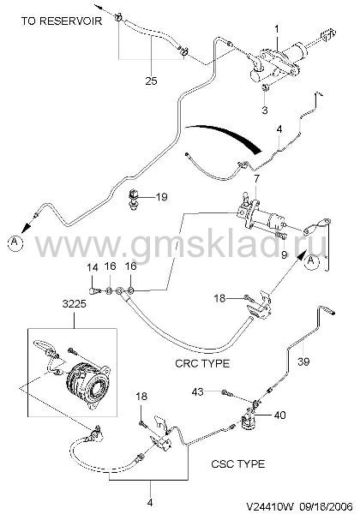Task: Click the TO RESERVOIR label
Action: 62,21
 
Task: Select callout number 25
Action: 151,81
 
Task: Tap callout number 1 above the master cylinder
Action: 277,29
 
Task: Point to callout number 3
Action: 265,111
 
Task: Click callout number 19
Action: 162,197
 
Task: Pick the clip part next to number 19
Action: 134,199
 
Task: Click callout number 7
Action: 256,179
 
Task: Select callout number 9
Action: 284,254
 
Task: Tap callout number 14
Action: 93,268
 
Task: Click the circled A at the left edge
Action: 15,242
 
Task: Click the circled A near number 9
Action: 311,261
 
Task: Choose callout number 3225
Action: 74,303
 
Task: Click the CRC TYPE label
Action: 202,363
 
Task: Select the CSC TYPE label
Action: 237,463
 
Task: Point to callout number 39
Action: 304,362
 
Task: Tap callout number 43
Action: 198,391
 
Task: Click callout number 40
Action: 279,415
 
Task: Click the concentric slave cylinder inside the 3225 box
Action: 88,383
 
